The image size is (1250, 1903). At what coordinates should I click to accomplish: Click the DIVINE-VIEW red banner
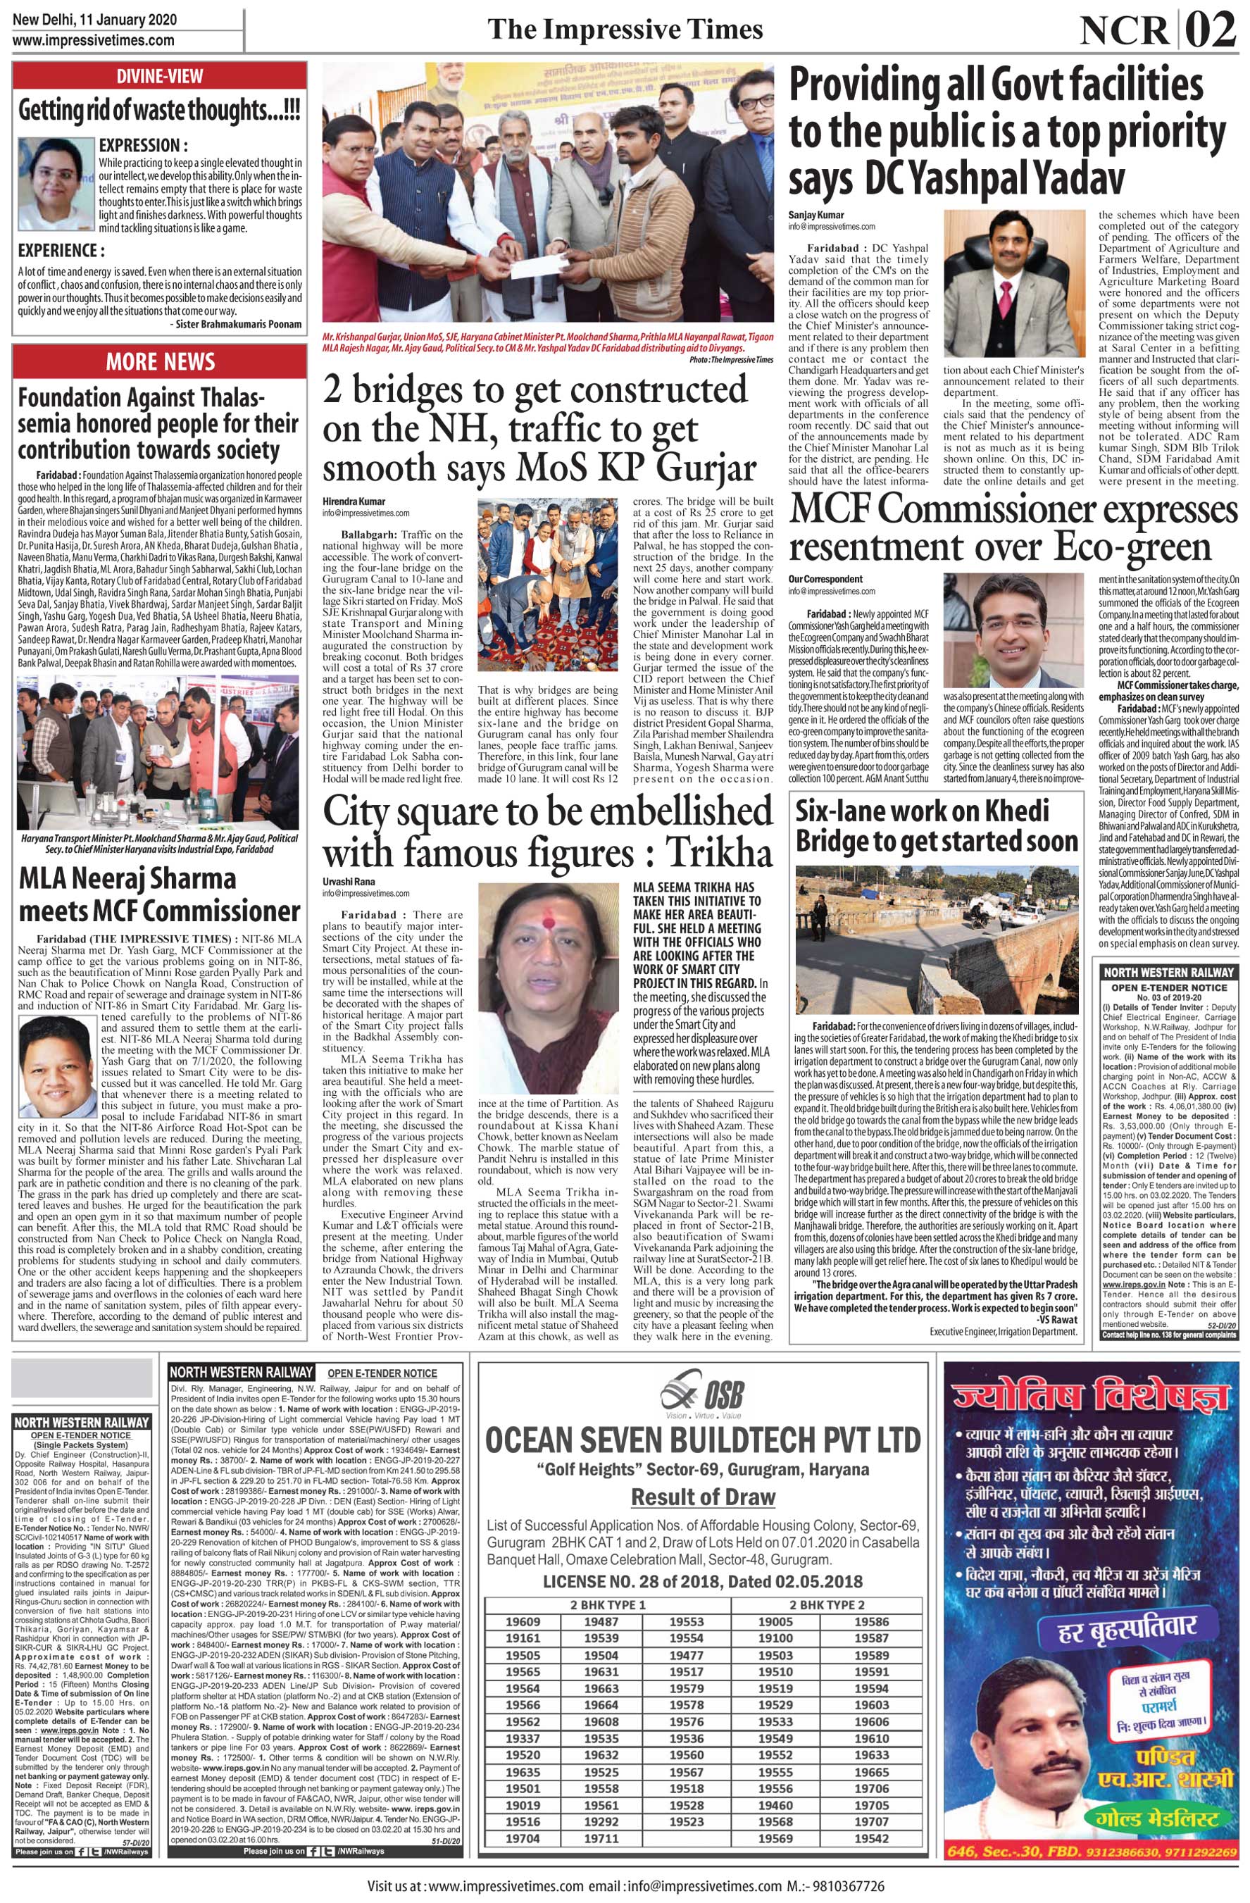(x=160, y=77)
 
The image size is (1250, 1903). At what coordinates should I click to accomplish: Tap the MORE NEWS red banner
(x=160, y=361)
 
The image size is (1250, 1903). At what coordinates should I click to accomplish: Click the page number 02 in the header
(x=1213, y=32)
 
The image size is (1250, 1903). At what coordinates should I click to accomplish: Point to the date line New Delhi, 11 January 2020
(x=95, y=19)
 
